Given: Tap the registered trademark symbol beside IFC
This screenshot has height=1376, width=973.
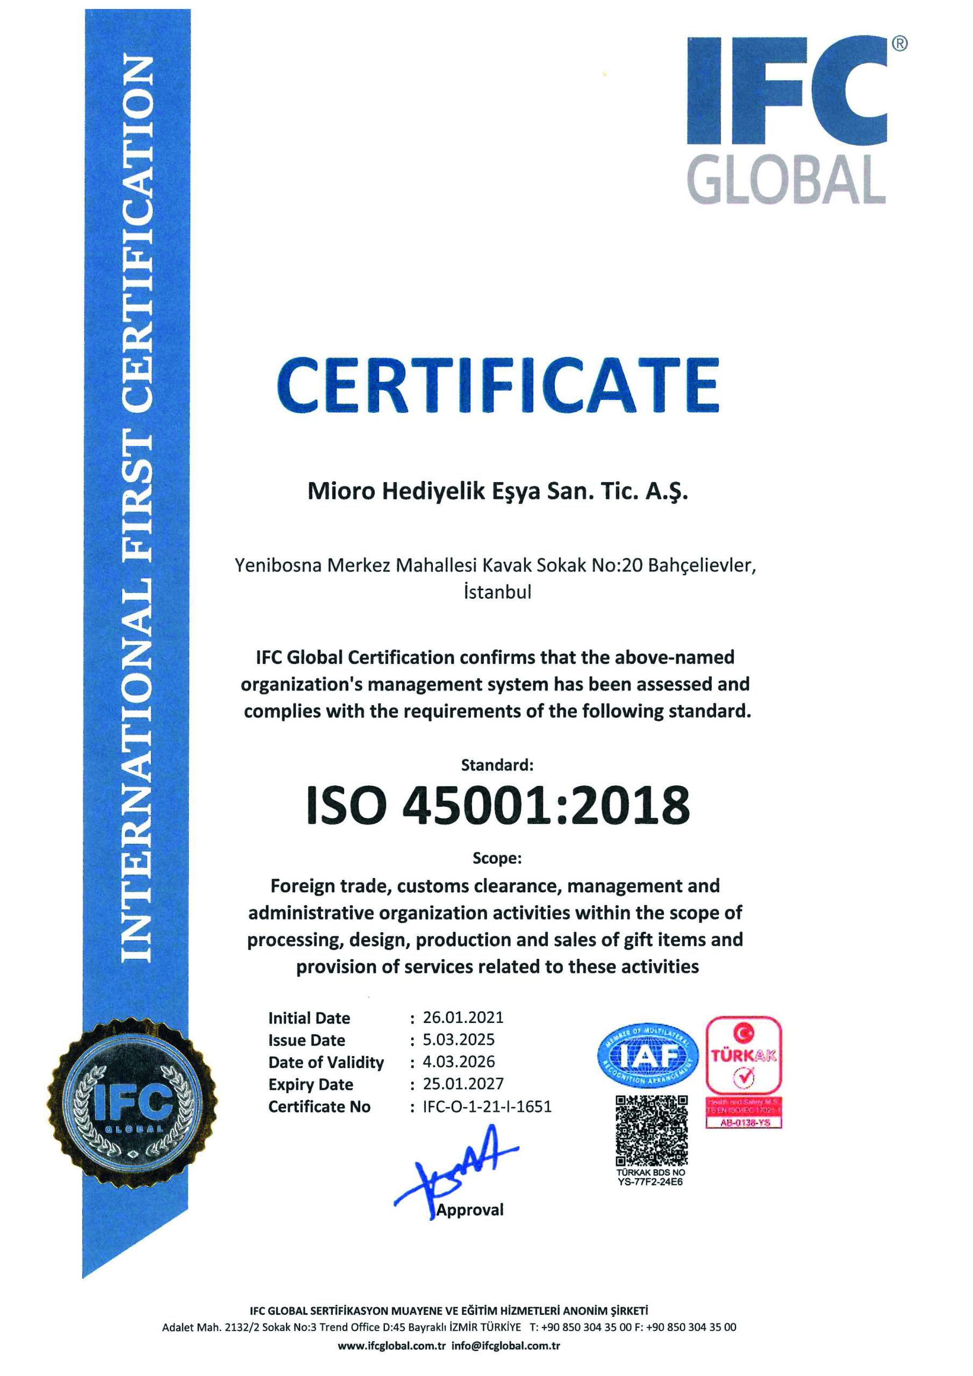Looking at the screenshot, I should click(x=899, y=43).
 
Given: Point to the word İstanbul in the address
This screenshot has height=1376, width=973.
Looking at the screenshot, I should click(x=497, y=592).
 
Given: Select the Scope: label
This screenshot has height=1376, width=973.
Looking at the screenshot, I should click(x=497, y=858).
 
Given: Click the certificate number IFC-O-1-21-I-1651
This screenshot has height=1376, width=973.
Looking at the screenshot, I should click(x=487, y=1106).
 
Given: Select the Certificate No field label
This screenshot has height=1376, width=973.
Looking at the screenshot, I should click(x=319, y=1107).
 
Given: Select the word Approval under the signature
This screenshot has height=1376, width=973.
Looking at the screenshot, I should click(x=470, y=1209).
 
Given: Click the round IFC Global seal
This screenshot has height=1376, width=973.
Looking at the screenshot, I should click(x=132, y=1101).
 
